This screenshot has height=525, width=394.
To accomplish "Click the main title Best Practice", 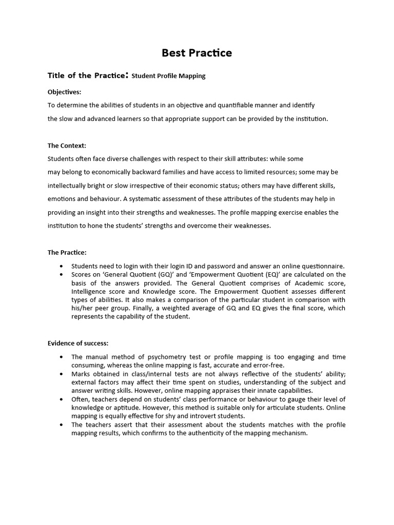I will (x=197, y=53).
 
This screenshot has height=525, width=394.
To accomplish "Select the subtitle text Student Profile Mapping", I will (x=168, y=76).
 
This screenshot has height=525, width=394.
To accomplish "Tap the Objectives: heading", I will (x=64, y=92).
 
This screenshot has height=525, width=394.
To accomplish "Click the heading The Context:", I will (x=67, y=146).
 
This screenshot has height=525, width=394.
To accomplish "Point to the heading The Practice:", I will (x=67, y=252).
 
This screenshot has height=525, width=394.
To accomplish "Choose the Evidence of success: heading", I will (x=78, y=343).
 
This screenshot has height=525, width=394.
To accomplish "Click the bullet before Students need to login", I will (x=62, y=267).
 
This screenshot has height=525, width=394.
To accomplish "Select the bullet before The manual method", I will (x=62, y=357).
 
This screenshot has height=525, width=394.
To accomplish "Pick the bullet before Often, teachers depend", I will (x=62, y=399).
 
